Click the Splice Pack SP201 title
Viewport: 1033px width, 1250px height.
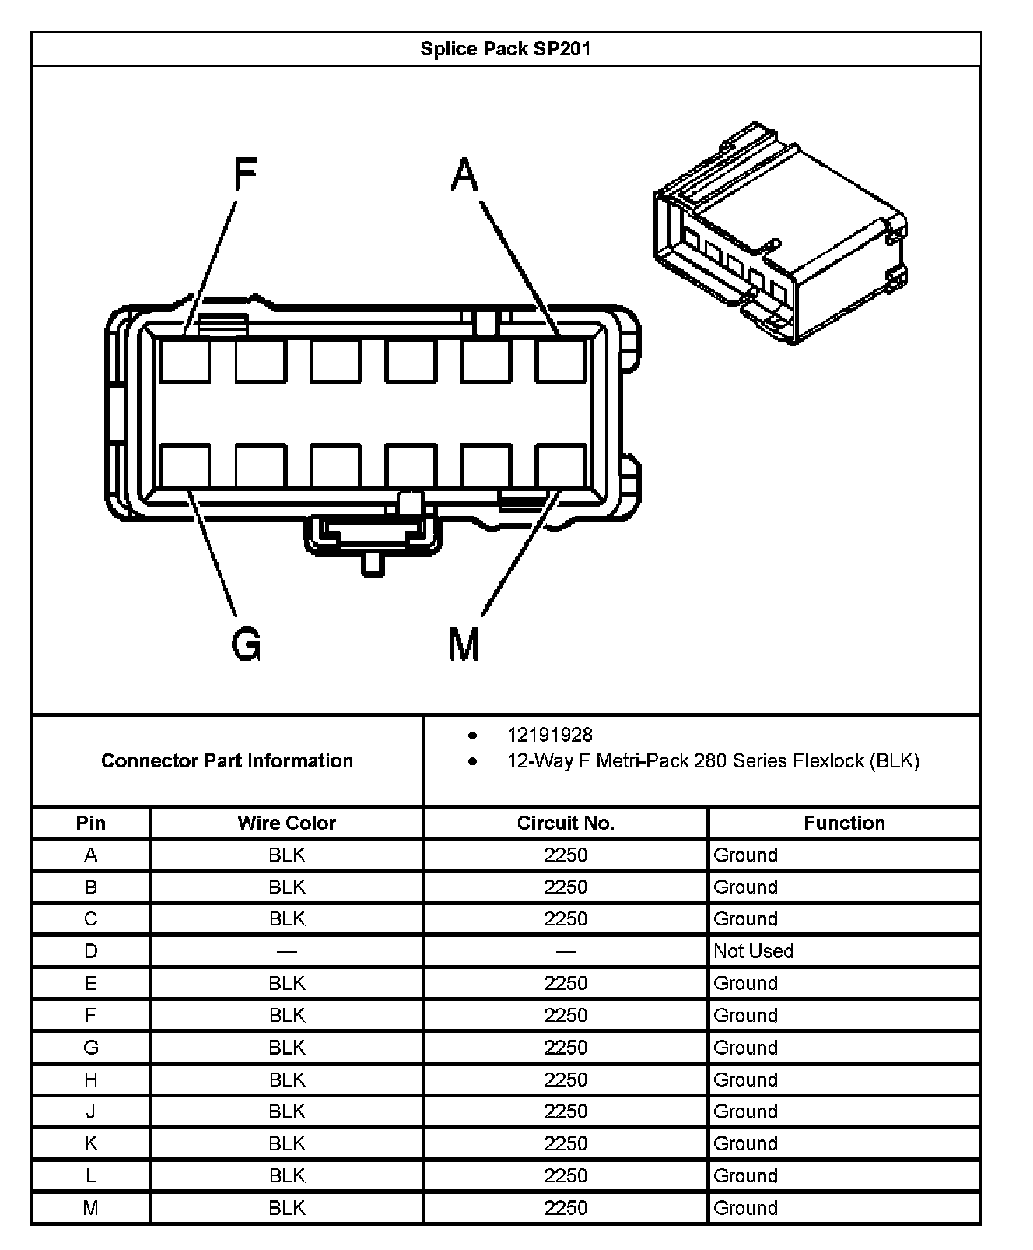point(506,49)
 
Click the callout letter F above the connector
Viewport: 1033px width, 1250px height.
point(246,174)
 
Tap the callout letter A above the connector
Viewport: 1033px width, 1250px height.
point(464,174)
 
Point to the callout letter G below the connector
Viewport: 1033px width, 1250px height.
point(247,644)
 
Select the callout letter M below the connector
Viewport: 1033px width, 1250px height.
point(464,644)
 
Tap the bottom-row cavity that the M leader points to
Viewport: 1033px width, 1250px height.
point(561,465)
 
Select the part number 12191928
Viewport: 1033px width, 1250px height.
point(550,735)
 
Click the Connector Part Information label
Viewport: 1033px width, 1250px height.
point(227,760)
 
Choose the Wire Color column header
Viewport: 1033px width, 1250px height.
point(286,823)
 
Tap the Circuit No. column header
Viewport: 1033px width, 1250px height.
point(566,823)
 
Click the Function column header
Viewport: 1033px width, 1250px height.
point(844,823)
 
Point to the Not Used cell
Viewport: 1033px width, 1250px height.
point(753,951)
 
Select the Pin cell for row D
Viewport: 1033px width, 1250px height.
point(91,951)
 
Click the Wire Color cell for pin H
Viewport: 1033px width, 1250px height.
point(286,1080)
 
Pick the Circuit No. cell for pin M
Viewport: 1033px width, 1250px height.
point(566,1208)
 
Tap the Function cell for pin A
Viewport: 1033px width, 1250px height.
point(745,855)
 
